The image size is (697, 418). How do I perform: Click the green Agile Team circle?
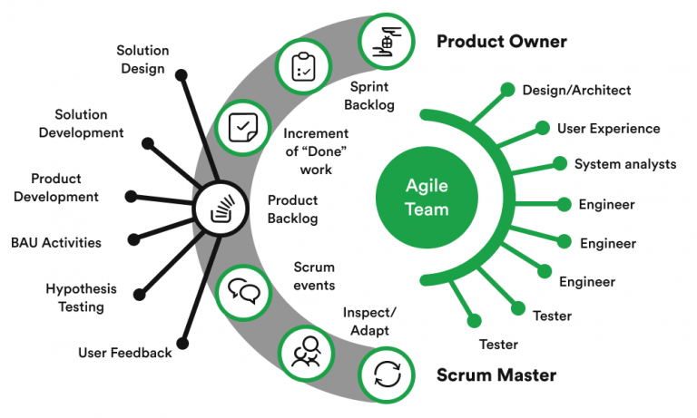[x=427, y=196]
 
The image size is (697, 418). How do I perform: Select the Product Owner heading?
[x=501, y=42]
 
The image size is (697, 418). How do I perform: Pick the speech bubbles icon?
[x=243, y=290]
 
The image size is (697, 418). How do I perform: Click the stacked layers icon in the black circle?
[x=221, y=209]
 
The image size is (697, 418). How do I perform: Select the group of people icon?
[x=304, y=352]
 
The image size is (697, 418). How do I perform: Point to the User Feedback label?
[x=125, y=352]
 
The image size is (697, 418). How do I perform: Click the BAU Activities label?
[x=56, y=242]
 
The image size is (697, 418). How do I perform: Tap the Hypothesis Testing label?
[x=82, y=297]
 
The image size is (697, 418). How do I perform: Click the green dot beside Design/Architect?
[x=506, y=90]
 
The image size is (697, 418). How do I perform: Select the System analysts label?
[x=625, y=164]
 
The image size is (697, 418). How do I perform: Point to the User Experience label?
[x=608, y=128]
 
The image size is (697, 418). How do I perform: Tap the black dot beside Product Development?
[x=131, y=194]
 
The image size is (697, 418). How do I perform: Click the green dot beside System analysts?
[x=560, y=164]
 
